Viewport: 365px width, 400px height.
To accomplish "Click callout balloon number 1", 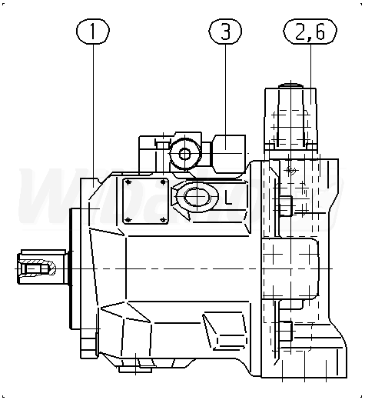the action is tap(93, 31).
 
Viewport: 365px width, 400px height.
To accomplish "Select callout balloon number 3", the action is tap(225, 31).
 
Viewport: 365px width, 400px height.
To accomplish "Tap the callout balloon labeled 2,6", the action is tap(310, 31).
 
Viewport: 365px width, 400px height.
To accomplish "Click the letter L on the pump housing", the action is tap(228, 197).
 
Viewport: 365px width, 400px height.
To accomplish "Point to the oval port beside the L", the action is tap(197, 197).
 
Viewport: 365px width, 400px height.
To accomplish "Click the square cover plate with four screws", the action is tap(145, 201).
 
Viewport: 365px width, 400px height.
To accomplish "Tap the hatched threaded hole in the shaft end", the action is tap(36, 268).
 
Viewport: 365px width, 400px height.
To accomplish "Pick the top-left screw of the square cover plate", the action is tap(129, 182).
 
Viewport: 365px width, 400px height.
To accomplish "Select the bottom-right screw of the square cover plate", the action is tap(163, 220).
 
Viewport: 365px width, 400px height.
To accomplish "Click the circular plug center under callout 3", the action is tap(184, 154).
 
